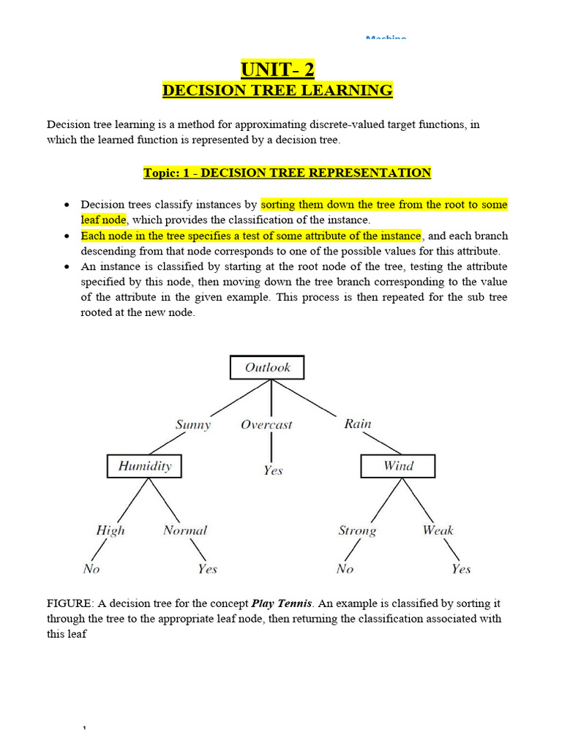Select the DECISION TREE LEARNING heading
coord(277,91)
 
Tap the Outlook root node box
coord(267,367)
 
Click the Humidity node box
coord(144,466)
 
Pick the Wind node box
coord(398,466)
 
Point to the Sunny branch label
coord(193,424)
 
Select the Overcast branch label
coord(266,424)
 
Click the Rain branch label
coord(357,424)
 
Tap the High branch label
coord(110,530)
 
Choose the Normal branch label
coord(185,530)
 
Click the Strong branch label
coord(357,530)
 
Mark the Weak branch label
coord(438,530)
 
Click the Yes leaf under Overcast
coord(273,470)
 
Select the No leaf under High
coord(91,569)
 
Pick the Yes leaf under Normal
coord(207,569)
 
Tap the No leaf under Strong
coord(345,569)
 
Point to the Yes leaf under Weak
coord(461,569)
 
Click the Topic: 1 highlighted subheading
coord(287,173)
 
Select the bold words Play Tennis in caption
coord(282,604)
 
